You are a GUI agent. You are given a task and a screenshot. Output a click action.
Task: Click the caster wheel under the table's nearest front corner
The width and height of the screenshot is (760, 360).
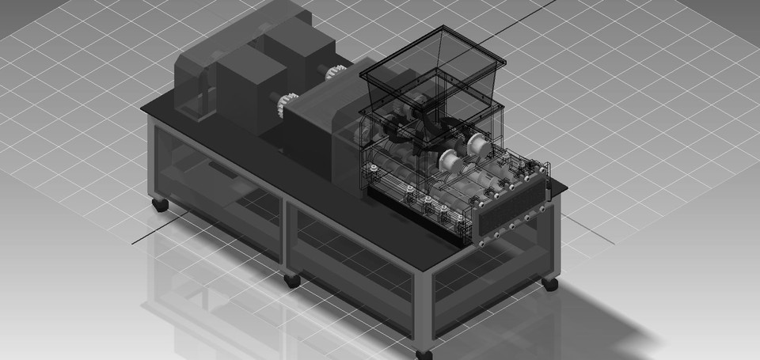click(x=424, y=353)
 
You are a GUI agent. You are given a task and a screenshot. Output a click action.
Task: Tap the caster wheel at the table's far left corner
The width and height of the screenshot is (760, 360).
click(x=160, y=204)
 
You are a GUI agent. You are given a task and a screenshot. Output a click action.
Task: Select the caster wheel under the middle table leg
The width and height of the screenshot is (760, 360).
click(x=292, y=279)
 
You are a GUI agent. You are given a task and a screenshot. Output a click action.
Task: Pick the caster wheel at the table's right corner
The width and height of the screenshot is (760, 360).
click(x=550, y=282)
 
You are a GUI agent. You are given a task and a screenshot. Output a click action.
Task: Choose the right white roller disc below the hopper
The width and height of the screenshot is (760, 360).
click(x=478, y=145)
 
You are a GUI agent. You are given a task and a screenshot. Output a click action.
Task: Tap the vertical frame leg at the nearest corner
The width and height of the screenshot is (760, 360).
click(x=424, y=309)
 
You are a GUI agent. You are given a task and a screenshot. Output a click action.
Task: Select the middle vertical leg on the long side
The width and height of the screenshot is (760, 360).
click(x=287, y=237)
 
